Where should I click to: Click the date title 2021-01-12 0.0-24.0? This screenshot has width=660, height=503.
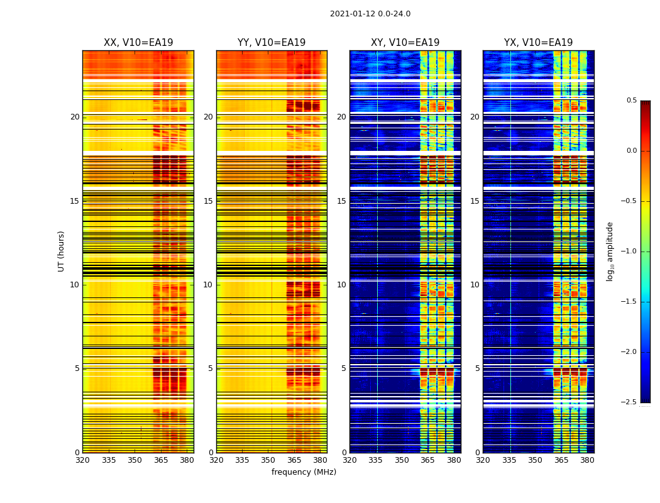(x=370, y=14)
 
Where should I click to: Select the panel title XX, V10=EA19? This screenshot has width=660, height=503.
(x=138, y=43)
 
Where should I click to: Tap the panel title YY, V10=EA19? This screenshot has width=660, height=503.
(x=272, y=43)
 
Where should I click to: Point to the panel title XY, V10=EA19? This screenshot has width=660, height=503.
(x=405, y=43)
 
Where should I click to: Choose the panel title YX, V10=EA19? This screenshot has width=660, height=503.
(x=538, y=43)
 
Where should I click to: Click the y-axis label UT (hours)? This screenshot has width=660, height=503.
(x=62, y=251)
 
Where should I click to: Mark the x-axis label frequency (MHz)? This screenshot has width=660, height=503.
(x=304, y=472)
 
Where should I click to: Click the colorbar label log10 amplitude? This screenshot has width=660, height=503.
(x=610, y=251)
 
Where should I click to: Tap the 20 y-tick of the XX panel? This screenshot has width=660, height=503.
(x=75, y=117)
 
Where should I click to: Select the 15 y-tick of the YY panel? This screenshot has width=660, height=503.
(x=209, y=201)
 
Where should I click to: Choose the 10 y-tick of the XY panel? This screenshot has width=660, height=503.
(x=342, y=285)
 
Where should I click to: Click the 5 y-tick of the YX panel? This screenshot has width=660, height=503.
(x=478, y=368)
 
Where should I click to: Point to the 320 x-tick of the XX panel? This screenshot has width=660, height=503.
(x=82, y=460)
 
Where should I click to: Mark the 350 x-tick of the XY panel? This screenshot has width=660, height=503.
(x=402, y=460)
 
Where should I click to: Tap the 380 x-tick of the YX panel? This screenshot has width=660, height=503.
(x=587, y=460)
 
